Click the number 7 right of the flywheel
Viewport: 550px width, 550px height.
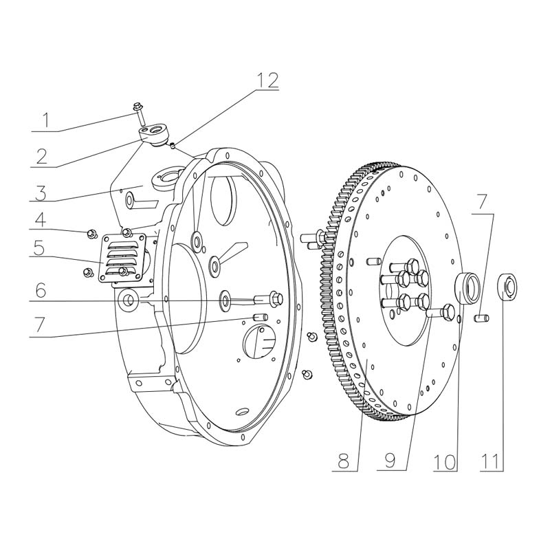tap(483, 203)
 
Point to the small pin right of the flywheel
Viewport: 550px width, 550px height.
tap(481, 317)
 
